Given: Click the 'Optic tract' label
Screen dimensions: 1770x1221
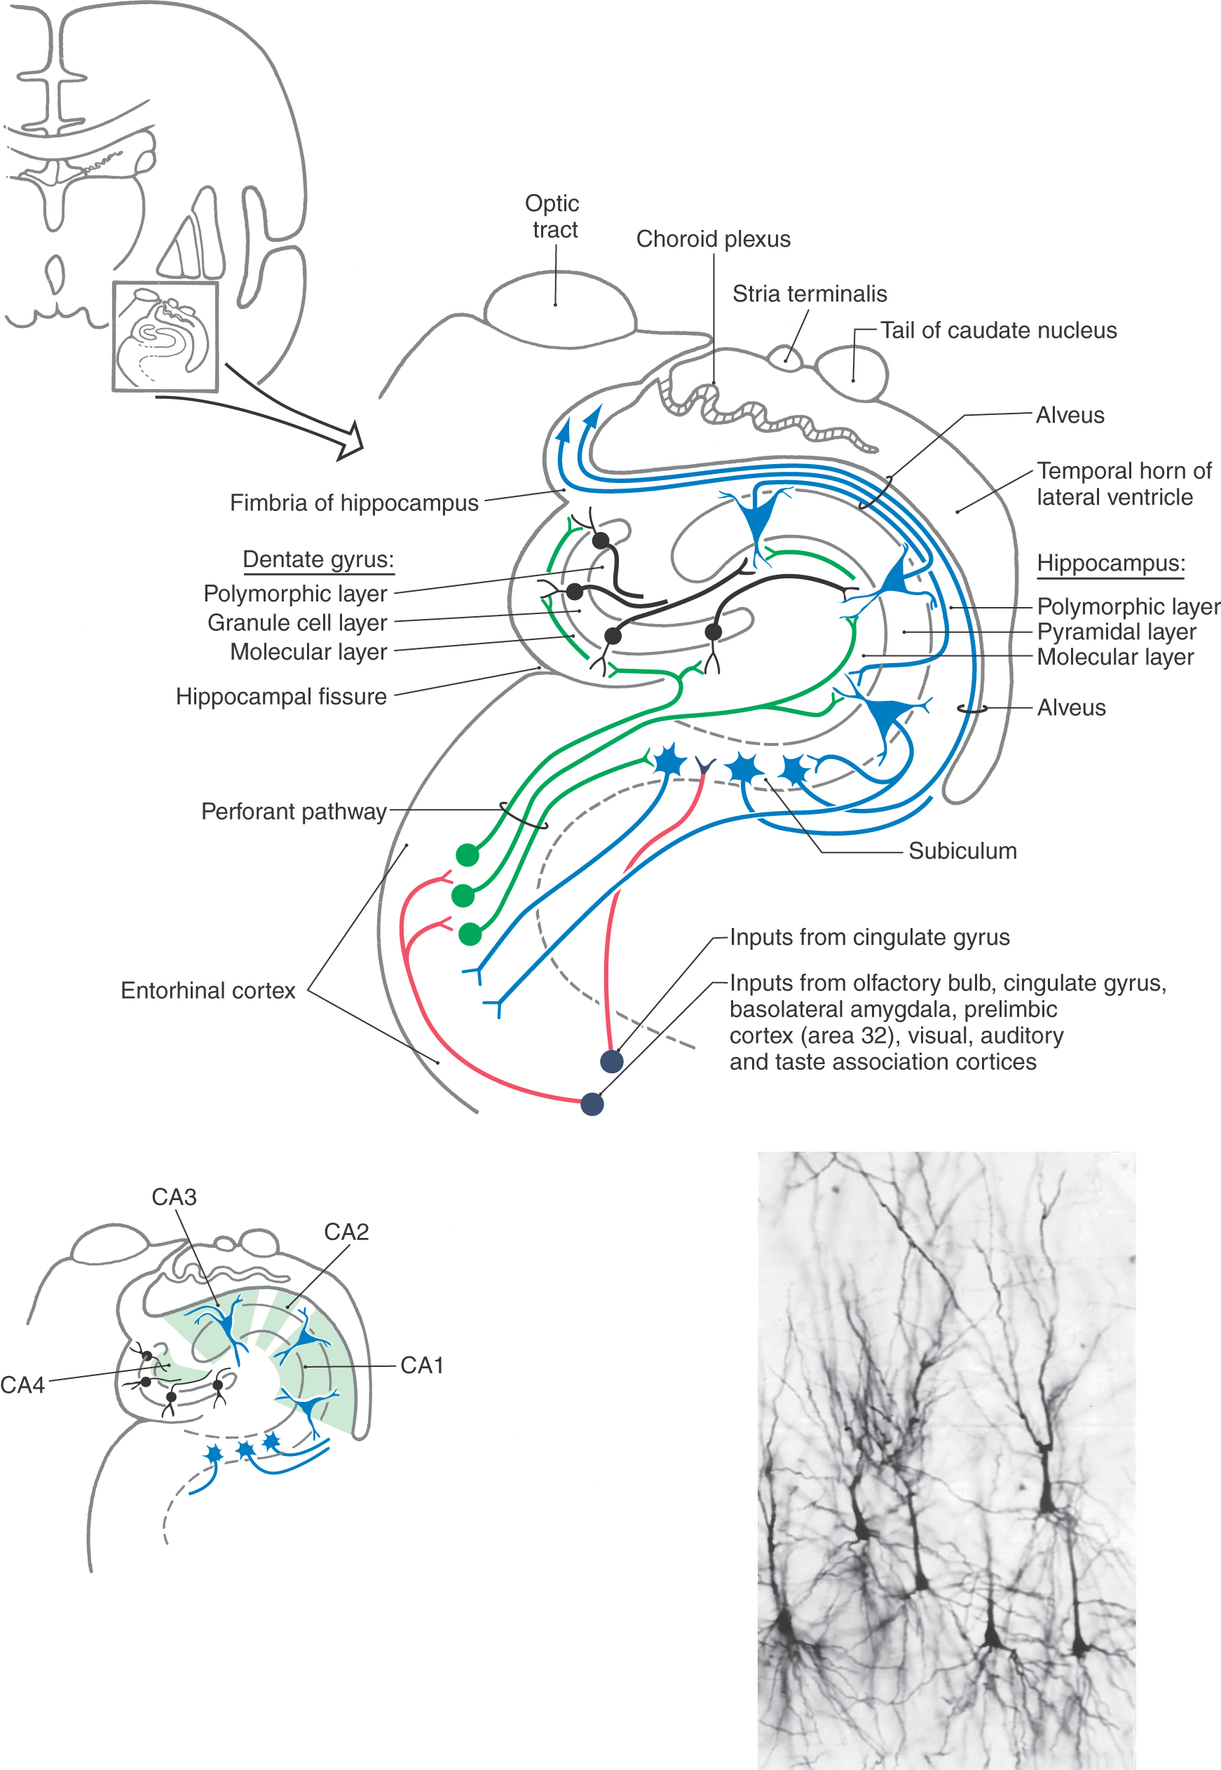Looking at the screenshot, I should [552, 217].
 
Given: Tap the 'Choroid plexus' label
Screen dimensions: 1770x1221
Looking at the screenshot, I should [713, 240].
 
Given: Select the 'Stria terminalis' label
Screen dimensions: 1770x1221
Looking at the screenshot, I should [810, 294].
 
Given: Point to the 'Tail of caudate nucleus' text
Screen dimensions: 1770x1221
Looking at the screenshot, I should [997, 330].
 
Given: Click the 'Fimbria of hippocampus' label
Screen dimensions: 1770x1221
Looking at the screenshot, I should [354, 503].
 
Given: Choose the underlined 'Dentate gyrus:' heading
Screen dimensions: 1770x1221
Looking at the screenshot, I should [318, 560].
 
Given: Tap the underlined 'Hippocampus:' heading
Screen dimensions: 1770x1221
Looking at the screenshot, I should [1111, 564].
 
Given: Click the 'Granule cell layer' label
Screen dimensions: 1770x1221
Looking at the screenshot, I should [298, 623].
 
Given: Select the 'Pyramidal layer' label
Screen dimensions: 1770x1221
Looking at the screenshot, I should [1115, 632].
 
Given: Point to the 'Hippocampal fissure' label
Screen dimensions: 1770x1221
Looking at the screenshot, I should [282, 697].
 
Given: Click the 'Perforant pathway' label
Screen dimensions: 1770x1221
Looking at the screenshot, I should [294, 812].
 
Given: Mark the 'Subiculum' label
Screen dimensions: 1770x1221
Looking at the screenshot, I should [962, 851].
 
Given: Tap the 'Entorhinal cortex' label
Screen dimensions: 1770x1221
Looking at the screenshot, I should [208, 991].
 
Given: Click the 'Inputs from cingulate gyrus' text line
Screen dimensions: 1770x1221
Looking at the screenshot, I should [869, 938].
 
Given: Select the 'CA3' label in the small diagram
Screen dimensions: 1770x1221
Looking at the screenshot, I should [175, 1197].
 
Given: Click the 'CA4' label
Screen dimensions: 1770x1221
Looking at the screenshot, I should [23, 1385].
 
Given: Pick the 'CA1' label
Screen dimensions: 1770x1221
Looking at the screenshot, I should [421, 1366].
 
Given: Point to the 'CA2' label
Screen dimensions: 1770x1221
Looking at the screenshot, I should [346, 1232].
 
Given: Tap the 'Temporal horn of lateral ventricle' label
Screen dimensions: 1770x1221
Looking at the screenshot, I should [1123, 484].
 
